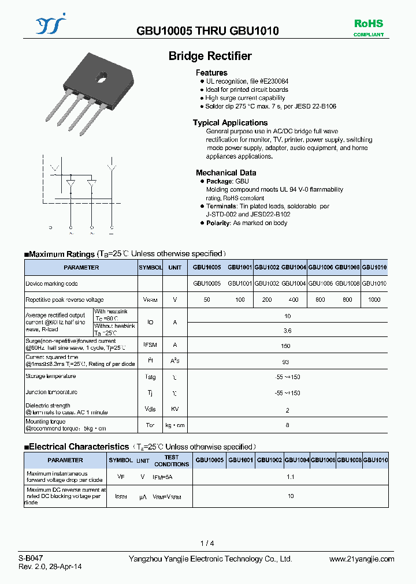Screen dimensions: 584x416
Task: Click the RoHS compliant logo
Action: pos(368,27)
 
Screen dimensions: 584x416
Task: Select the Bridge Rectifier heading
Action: pos(210,56)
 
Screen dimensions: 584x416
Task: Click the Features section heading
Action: pos(211,73)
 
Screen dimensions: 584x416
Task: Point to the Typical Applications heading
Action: pos(230,123)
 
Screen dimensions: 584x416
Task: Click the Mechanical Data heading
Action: pos(226,173)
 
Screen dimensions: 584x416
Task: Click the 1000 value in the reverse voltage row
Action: pos(374,300)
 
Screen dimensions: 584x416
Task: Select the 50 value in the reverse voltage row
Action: pos(207,300)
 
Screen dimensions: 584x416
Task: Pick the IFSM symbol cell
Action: pos(150,345)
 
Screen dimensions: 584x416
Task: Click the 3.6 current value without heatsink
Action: pos(287,331)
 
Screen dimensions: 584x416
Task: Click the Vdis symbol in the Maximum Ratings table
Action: pos(150,409)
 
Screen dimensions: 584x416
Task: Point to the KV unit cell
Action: pos(174,409)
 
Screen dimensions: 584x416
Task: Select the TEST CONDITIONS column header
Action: pos(172,461)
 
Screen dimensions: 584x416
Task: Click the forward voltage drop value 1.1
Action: pos(290,477)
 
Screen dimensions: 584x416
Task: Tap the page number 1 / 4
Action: pos(207,543)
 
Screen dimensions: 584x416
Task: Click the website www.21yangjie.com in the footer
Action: pos(362,559)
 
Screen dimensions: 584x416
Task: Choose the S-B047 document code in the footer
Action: pos(30,559)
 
